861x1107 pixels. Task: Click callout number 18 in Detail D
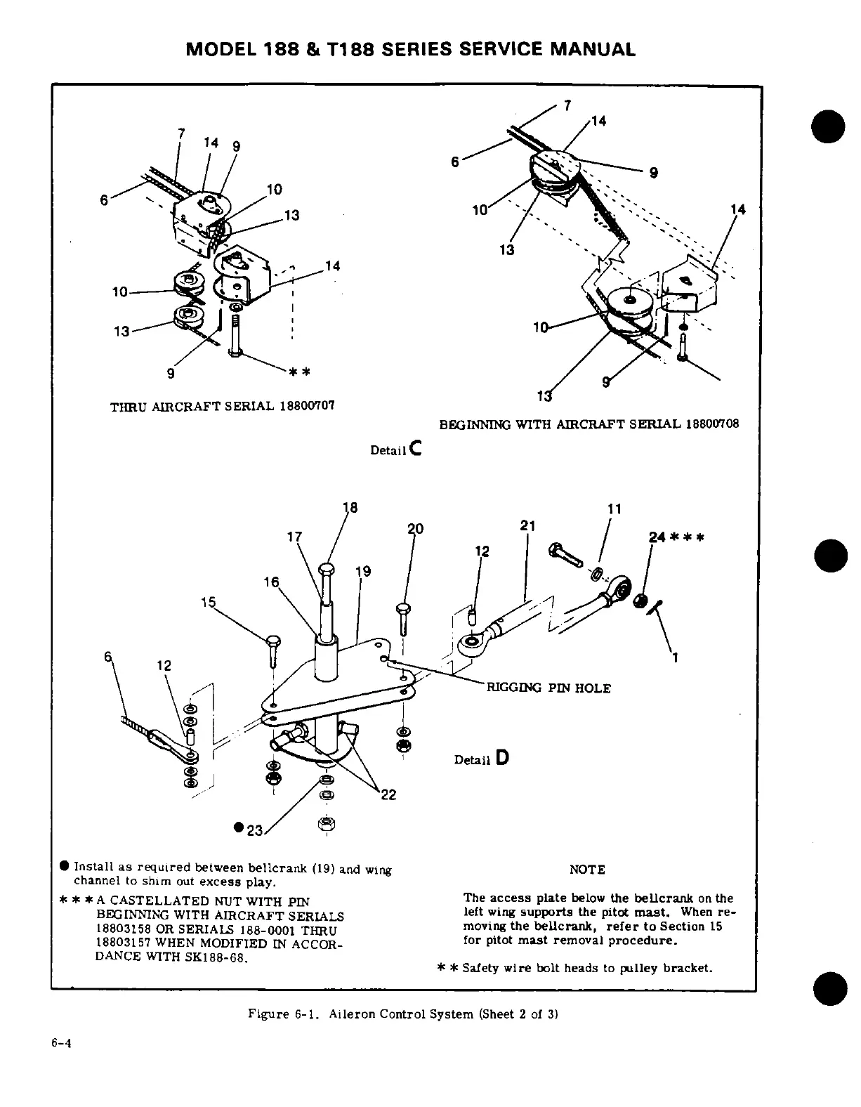pyautogui.click(x=349, y=509)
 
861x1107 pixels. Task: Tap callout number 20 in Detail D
pyautogui.click(x=415, y=529)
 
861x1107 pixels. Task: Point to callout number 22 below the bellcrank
pyautogui.click(x=388, y=794)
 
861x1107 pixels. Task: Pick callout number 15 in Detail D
pyautogui.click(x=209, y=602)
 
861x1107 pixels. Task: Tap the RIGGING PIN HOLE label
pyautogui.click(x=548, y=688)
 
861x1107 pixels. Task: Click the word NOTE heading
pyautogui.click(x=586, y=870)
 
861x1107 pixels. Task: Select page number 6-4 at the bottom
pyautogui.click(x=63, y=1043)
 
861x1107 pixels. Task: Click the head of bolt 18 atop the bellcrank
pyautogui.click(x=327, y=568)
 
